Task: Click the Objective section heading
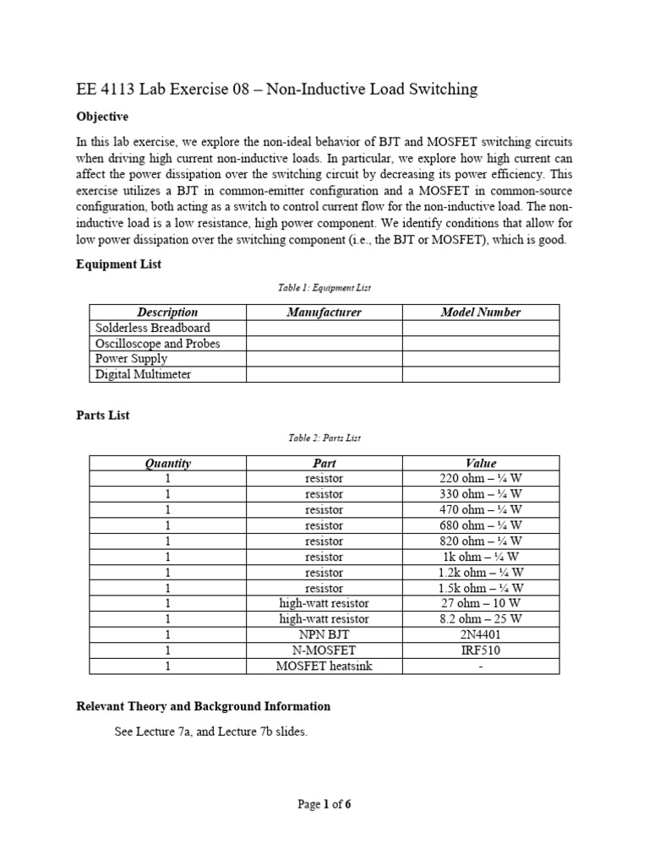coord(102,117)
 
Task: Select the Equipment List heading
coord(119,264)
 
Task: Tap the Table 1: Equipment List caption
coord(324,288)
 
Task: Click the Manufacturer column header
coord(324,313)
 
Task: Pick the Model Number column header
coord(481,313)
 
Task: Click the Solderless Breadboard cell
coord(152,328)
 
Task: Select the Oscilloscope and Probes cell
coord(157,344)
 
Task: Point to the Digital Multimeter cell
coord(143,374)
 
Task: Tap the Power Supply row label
coord(131,359)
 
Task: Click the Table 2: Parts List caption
coord(324,438)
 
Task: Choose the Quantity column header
coord(167,463)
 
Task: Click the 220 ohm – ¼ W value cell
coord(481,478)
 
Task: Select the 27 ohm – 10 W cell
coord(481,603)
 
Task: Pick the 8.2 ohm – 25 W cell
coord(481,619)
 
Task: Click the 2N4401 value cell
coord(481,634)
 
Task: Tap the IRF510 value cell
coord(481,650)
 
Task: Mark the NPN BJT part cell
coord(324,634)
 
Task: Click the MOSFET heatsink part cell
coord(324,666)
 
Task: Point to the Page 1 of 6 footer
coord(324,804)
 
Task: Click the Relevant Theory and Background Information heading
coord(203,706)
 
